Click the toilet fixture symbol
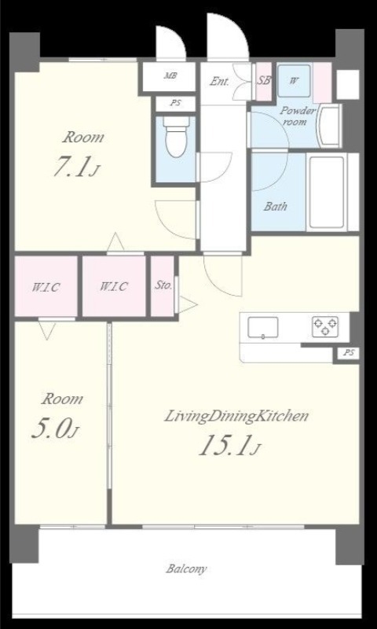pyautogui.click(x=176, y=136)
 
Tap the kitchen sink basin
pyautogui.click(x=263, y=327)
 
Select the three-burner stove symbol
pyautogui.click(x=325, y=326)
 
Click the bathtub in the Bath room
pyautogui.click(x=327, y=192)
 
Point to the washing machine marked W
pyautogui.click(x=294, y=81)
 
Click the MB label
pyautogui.click(x=170, y=75)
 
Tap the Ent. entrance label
pyautogui.click(x=220, y=82)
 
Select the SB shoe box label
pyautogui.click(x=264, y=80)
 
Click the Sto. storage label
pyautogui.click(x=163, y=286)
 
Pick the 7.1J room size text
pyautogui.click(x=76, y=168)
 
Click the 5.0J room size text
pyautogui.click(x=55, y=429)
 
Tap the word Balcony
pyautogui.click(x=187, y=568)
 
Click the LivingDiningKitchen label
pyautogui.click(x=236, y=417)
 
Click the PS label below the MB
pyautogui.click(x=175, y=103)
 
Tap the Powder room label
pyautogui.click(x=297, y=116)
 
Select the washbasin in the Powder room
pyautogui.click(x=329, y=126)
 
